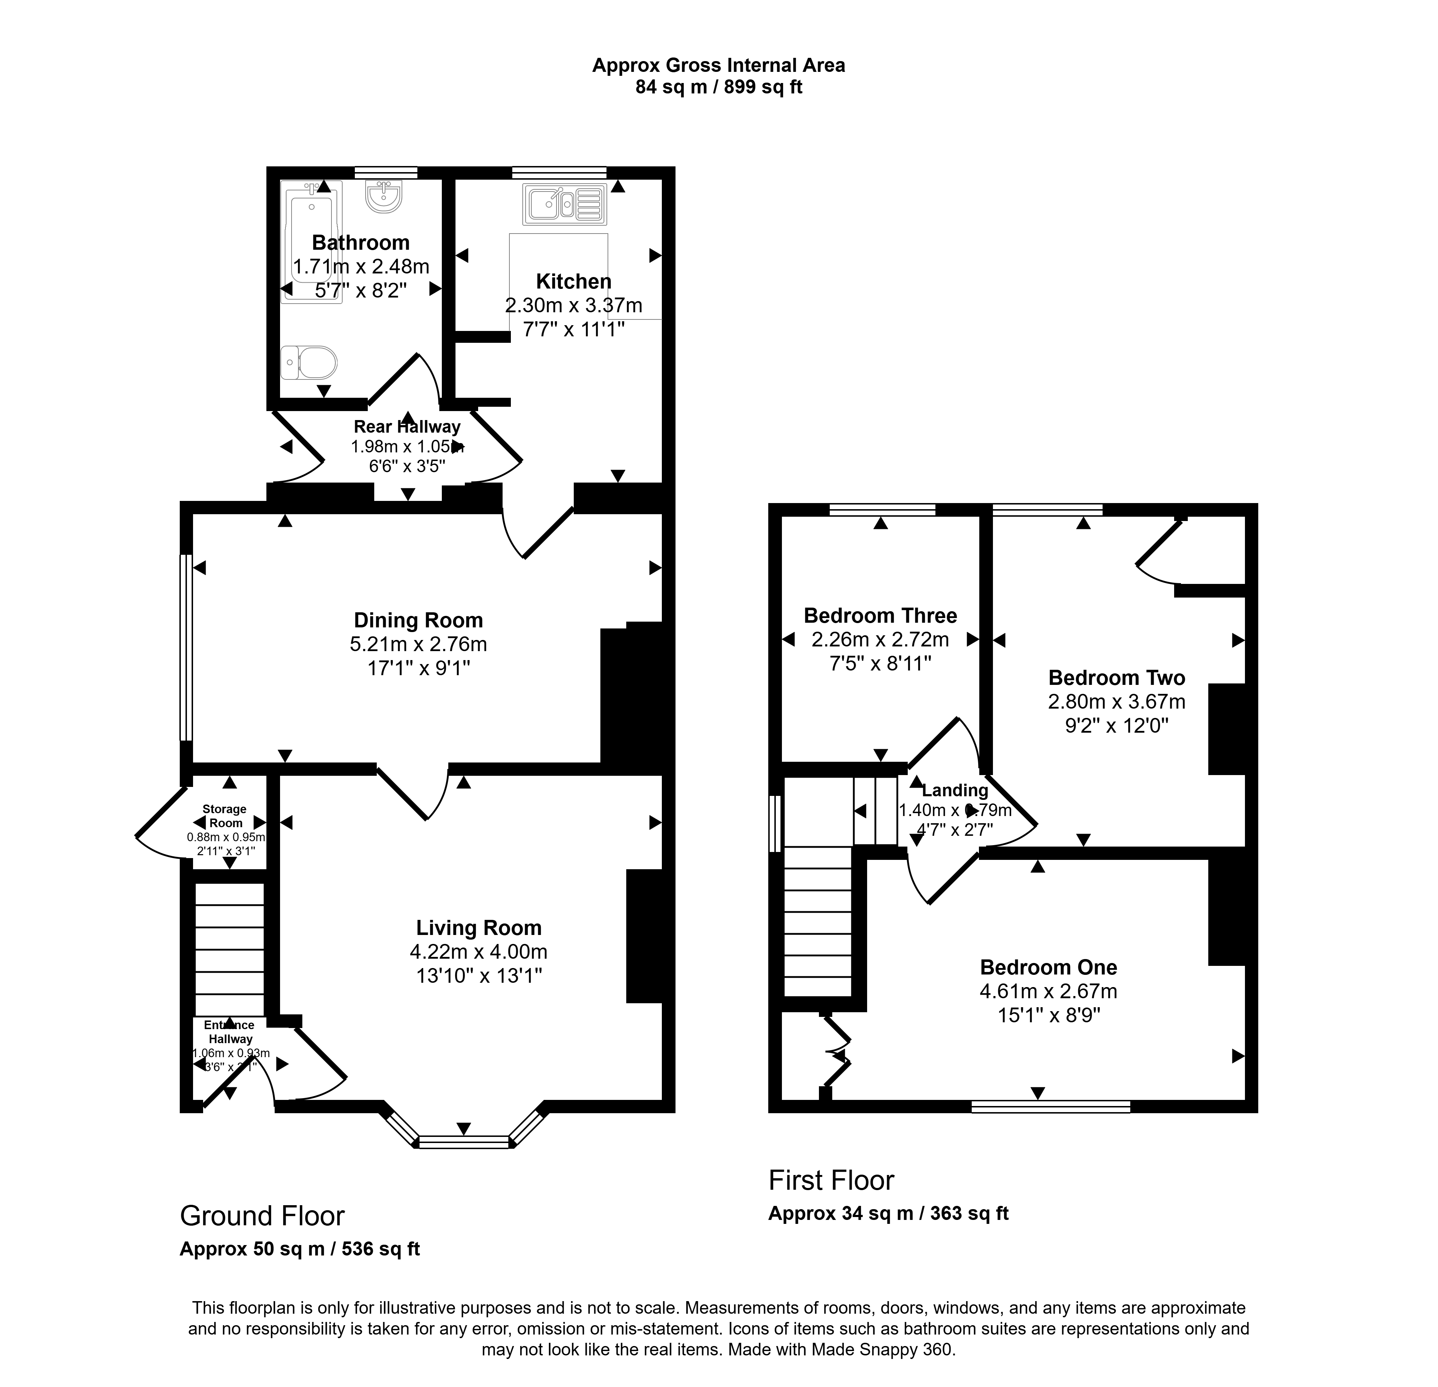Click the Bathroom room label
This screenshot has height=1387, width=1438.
click(x=360, y=243)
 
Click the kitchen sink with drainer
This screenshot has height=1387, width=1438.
click(x=564, y=205)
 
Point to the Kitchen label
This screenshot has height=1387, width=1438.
click(x=574, y=282)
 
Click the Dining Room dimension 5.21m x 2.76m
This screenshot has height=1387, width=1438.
click(x=418, y=644)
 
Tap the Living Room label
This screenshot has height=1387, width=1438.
click(x=479, y=928)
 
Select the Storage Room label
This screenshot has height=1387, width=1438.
click(x=224, y=816)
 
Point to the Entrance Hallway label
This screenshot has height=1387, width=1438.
click(x=230, y=1032)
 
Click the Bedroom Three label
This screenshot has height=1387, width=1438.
click(x=880, y=616)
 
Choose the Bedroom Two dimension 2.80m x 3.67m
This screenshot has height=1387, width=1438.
click(x=1117, y=702)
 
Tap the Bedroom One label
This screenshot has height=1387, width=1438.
click(x=1048, y=967)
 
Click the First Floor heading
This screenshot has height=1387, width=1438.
click(x=831, y=1181)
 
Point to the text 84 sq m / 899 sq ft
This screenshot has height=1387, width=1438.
click(x=719, y=87)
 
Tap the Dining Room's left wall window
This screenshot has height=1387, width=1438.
click(x=186, y=648)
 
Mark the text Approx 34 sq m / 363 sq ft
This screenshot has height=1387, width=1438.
click(x=888, y=1214)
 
